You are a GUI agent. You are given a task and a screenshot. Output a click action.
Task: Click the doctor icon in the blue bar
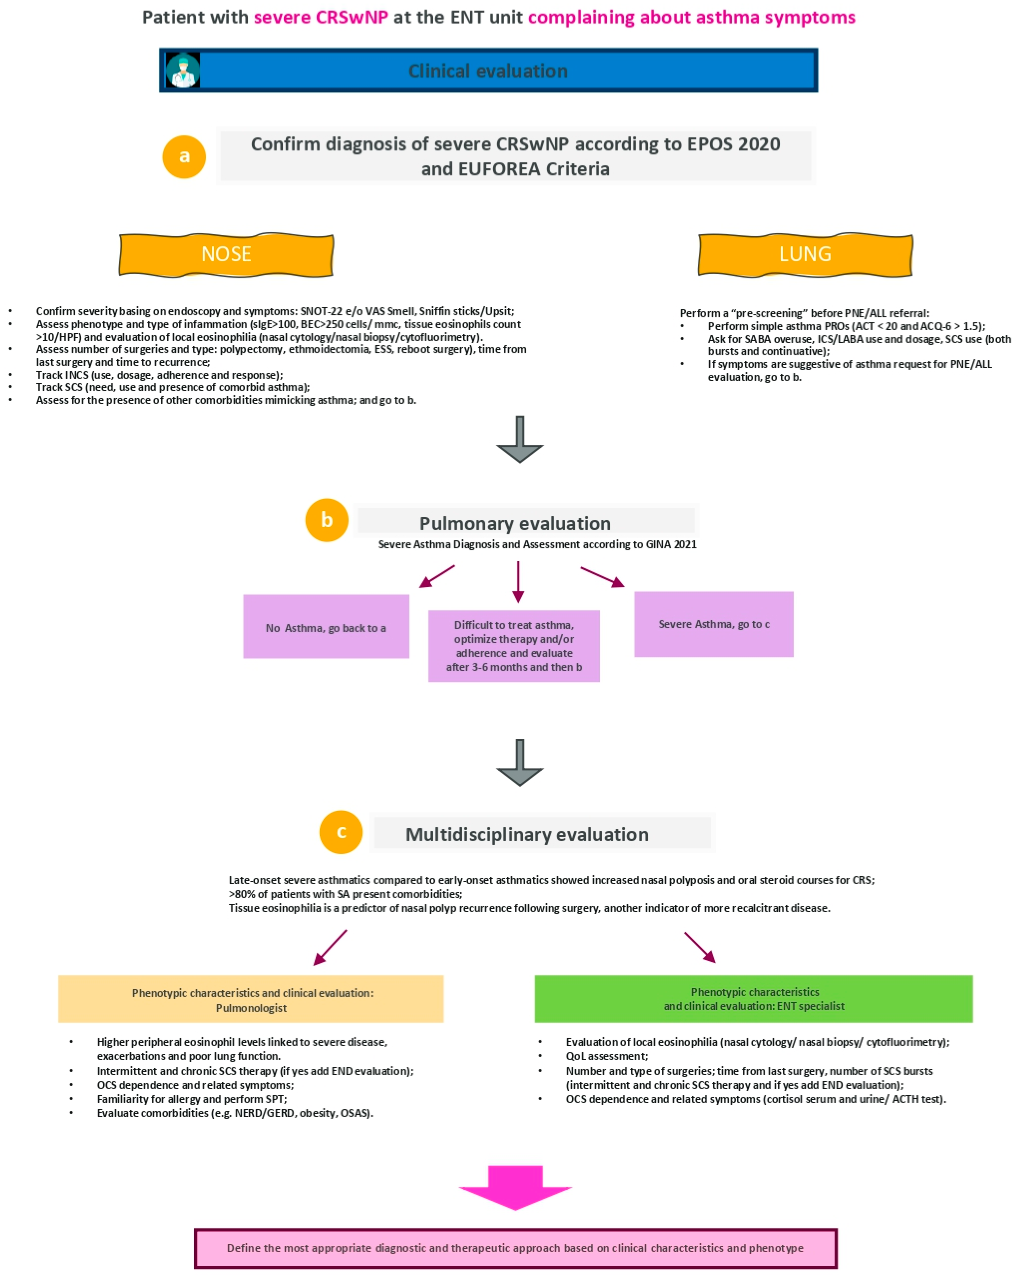click(x=182, y=70)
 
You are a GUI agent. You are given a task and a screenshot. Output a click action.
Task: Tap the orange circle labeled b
click(x=326, y=520)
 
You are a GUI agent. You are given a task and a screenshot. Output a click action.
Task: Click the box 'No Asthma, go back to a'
click(x=326, y=627)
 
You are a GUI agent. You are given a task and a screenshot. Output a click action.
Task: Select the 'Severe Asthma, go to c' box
click(x=714, y=624)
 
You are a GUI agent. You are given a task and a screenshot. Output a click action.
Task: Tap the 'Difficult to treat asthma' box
click(x=514, y=646)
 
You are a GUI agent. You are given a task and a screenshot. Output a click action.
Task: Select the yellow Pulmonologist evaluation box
click(x=251, y=999)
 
